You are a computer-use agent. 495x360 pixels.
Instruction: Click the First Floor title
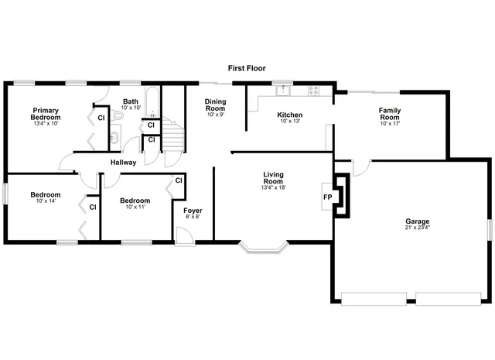click(247, 68)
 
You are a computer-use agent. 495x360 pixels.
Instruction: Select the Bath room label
click(131, 101)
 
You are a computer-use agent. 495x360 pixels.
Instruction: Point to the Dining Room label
click(215, 105)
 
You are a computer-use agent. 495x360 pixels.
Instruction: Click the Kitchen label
click(290, 115)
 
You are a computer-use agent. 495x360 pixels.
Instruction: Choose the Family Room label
click(389, 115)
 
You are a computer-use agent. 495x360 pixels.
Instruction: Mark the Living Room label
click(274, 179)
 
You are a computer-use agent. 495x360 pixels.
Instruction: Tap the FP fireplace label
click(327, 197)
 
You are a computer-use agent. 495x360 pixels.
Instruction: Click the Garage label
click(417, 221)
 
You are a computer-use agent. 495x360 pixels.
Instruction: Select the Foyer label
click(192, 211)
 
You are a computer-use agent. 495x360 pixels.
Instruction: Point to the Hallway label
click(123, 163)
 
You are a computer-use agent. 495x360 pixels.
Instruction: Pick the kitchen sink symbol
click(284, 91)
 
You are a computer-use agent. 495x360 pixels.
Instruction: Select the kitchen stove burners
click(313, 91)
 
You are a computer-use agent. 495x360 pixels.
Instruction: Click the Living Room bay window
click(264, 249)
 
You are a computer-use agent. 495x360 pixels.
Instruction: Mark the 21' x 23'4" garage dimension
click(417, 228)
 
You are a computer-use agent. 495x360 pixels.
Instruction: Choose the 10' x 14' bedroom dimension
click(46, 201)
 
